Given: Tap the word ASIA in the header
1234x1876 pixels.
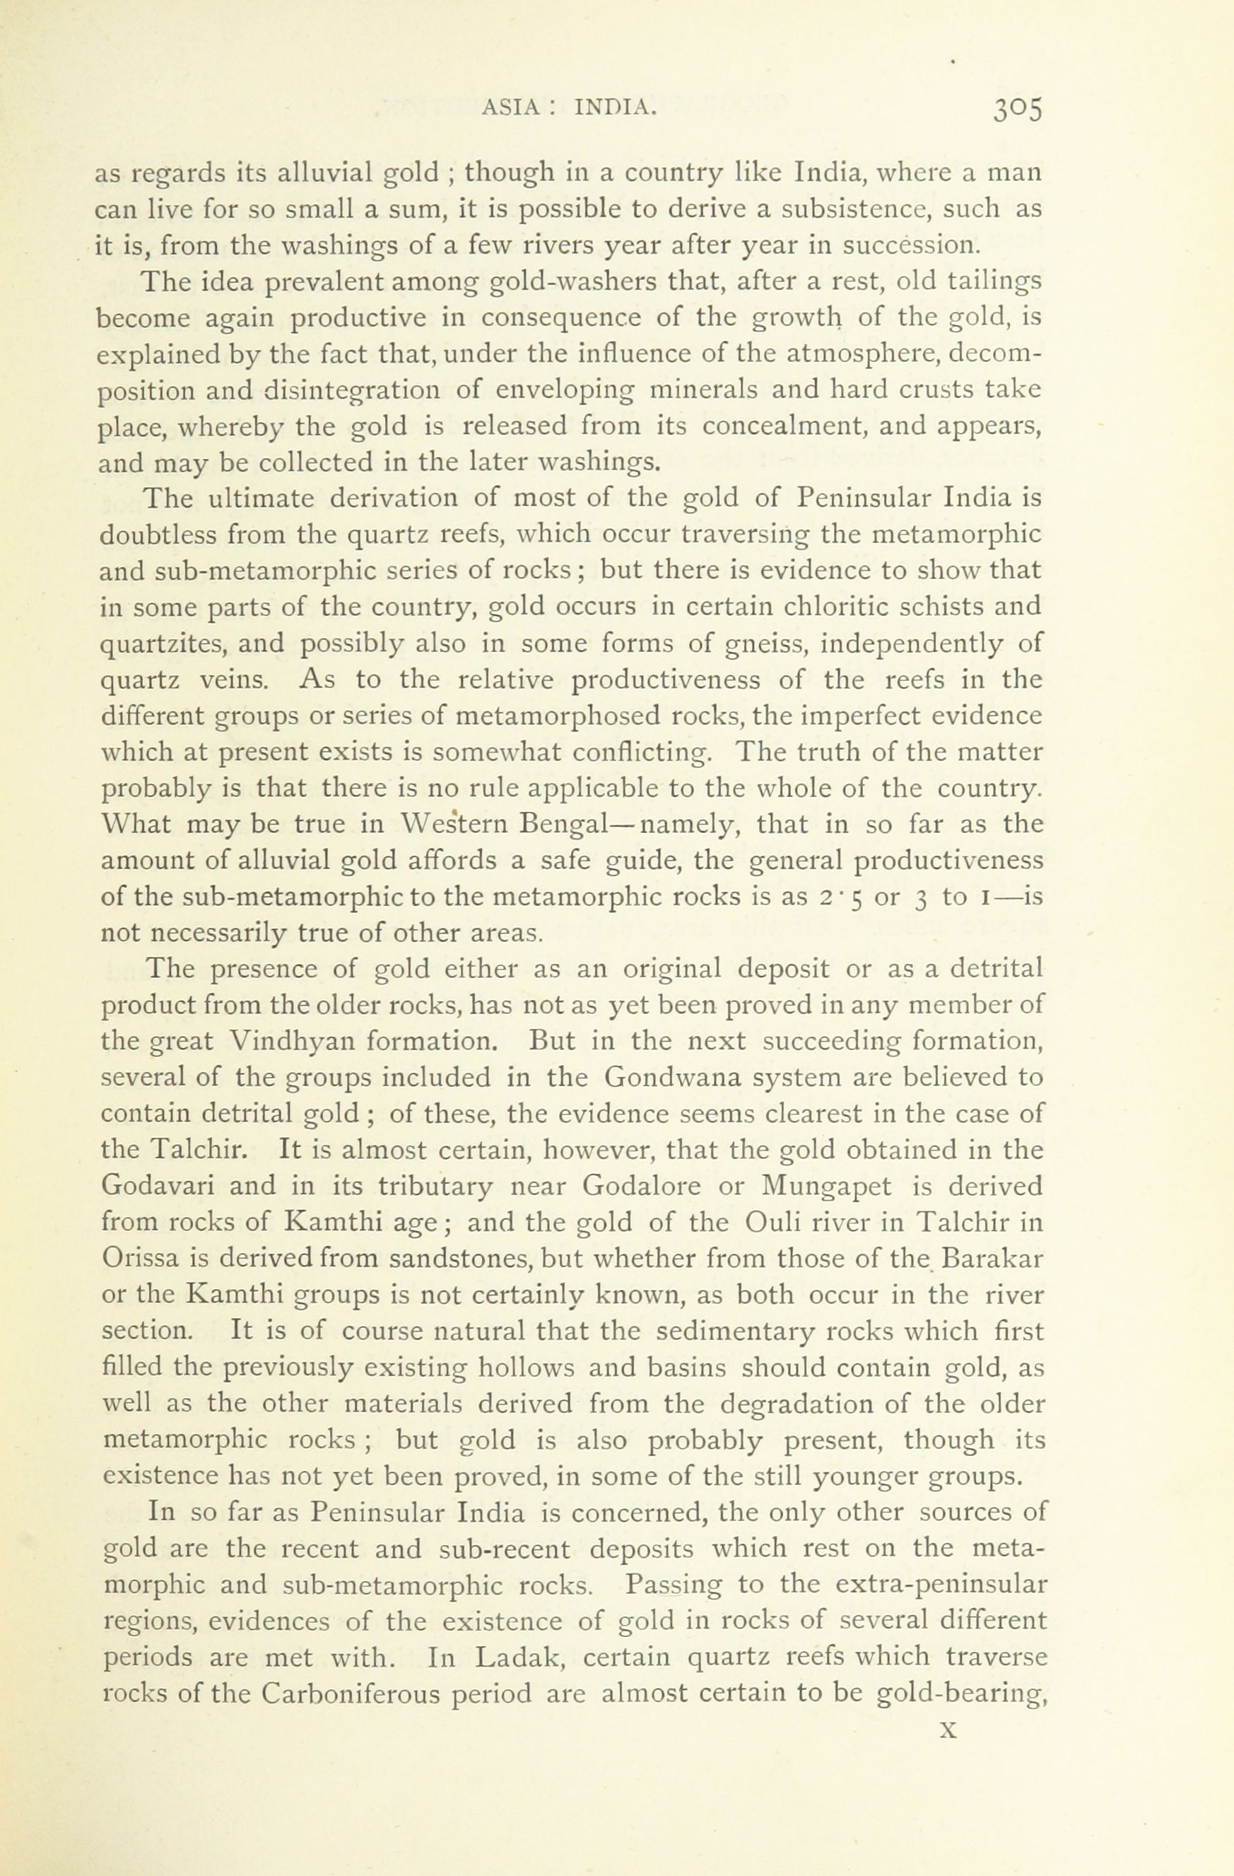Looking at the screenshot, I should point(508,108).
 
